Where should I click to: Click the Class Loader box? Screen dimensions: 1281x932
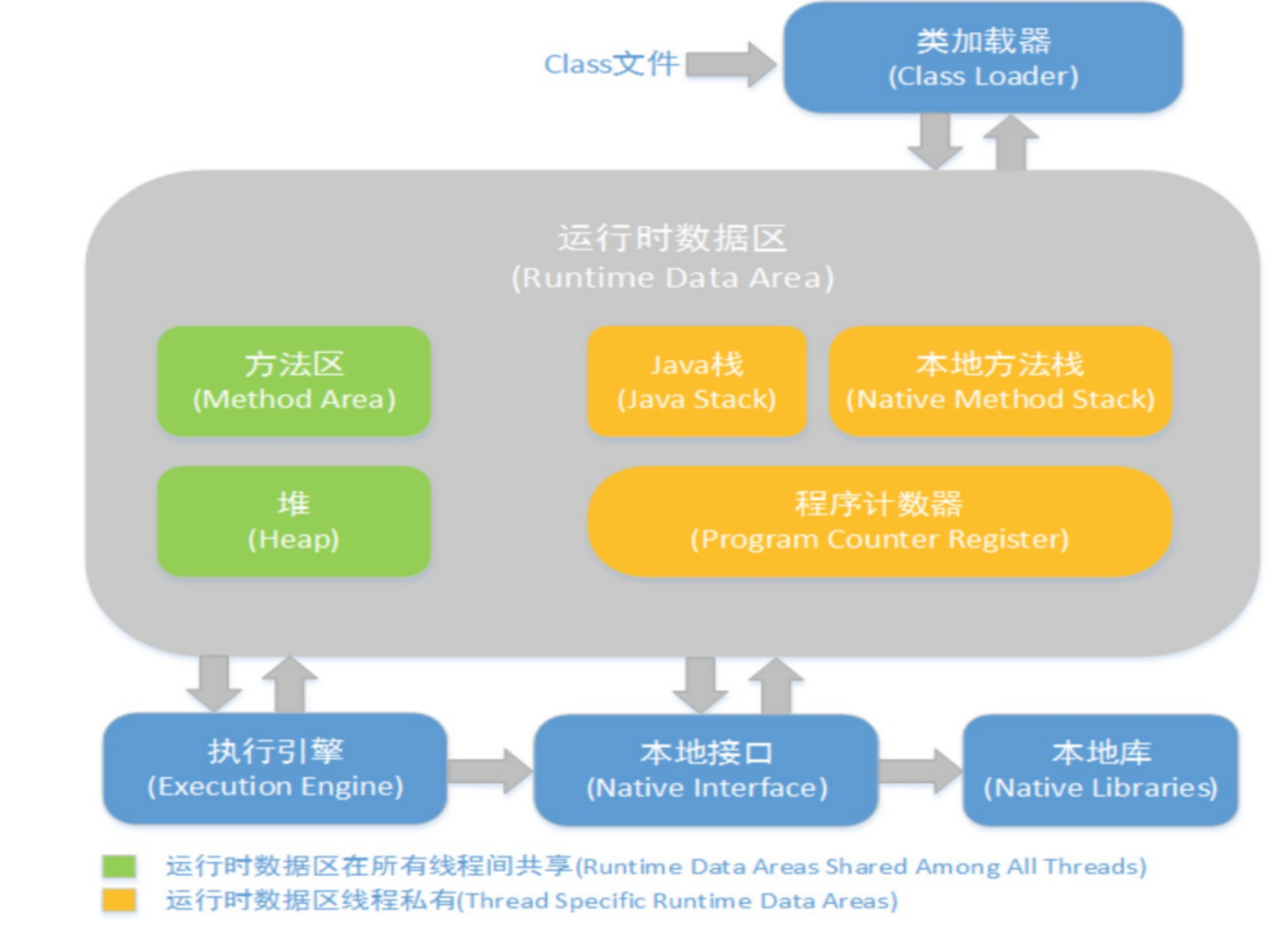983,58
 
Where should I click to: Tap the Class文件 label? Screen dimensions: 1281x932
611,64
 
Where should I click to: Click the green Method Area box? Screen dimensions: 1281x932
294,381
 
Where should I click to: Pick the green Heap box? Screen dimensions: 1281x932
294,521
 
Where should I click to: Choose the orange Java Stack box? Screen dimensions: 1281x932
696,381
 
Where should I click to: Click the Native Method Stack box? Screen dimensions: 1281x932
1001,381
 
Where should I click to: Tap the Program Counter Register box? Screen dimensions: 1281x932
880,521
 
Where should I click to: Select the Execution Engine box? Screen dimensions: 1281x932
275,768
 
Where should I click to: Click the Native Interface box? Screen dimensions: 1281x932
706,770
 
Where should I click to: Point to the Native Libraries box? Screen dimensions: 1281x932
1100,770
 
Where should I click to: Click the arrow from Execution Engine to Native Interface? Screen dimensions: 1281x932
490,770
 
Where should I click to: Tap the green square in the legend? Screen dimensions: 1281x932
119,866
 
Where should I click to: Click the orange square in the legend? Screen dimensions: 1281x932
119,900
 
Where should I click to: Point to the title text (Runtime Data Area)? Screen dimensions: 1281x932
673,278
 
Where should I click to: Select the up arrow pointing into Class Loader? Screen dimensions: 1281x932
1011,142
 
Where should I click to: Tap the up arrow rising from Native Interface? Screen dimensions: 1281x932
776,686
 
